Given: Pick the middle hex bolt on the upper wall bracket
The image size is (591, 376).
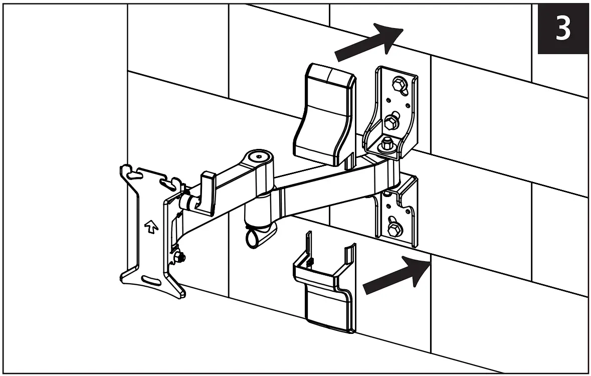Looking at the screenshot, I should (x=390, y=121).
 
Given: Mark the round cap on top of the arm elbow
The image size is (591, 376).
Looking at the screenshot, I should (x=258, y=156).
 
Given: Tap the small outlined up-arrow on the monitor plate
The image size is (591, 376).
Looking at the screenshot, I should (x=149, y=226).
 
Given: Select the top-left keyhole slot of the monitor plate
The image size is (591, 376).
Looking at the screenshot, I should (x=131, y=174).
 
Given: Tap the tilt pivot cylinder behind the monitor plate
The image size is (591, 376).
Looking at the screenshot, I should (x=188, y=202).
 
